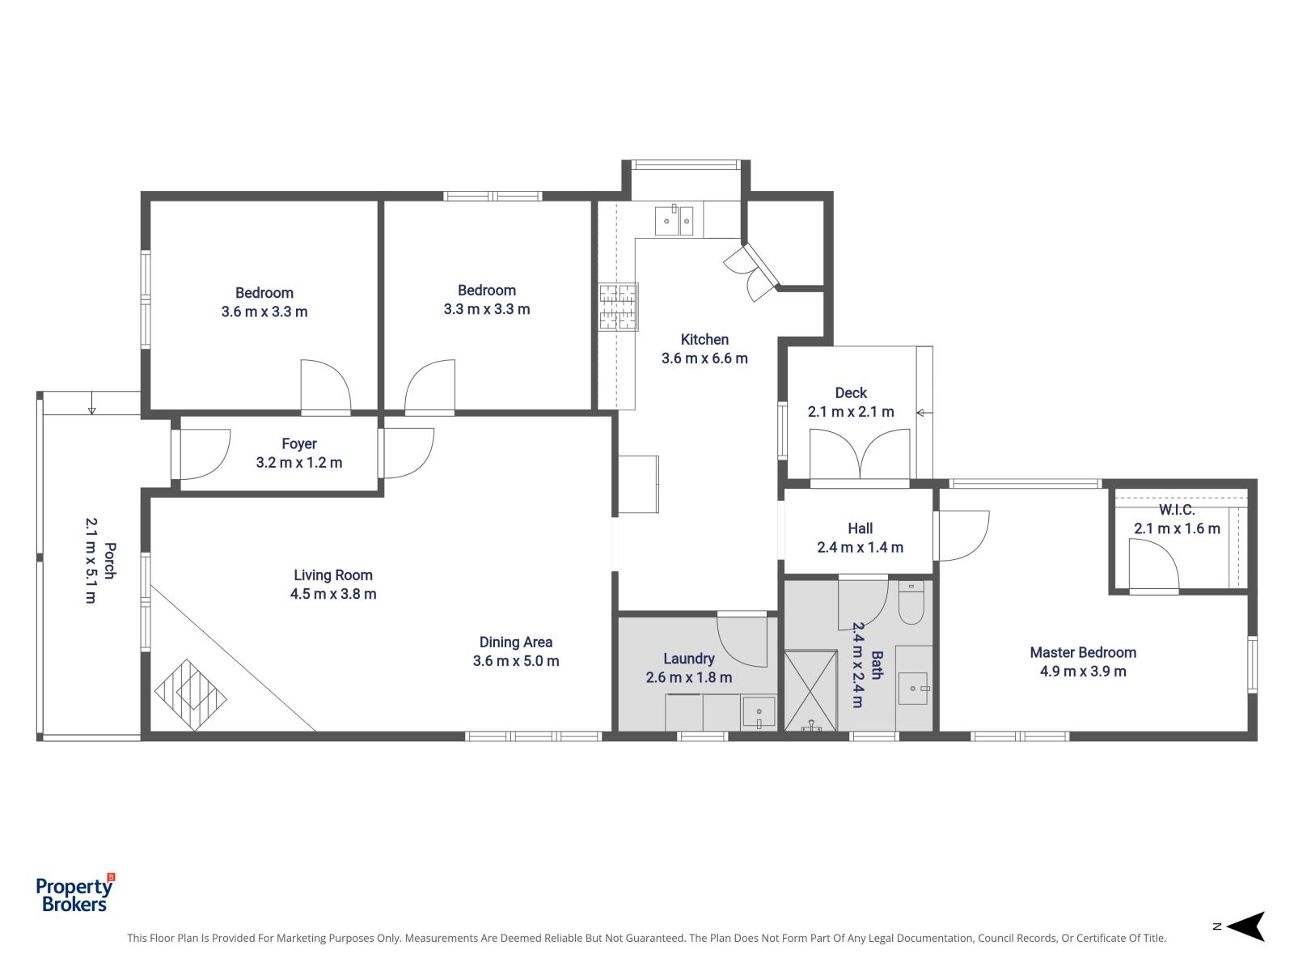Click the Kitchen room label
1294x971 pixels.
pos(704,340)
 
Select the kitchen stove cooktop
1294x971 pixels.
pos(618,307)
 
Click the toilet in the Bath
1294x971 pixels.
pos(911,605)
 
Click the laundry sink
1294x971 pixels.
pos(759,713)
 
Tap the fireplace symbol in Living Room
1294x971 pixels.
pos(191,695)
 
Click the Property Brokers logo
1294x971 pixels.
pos(75,894)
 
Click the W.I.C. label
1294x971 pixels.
pos(1176,510)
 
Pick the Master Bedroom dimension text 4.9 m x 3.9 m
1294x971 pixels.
pos(1083,671)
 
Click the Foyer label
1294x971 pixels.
pos(299,443)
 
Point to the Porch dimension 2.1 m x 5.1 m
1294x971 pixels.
pos(90,561)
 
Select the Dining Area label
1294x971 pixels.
pos(516,642)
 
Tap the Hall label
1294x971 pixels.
pos(860,528)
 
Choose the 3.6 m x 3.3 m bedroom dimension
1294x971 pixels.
pos(264,312)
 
